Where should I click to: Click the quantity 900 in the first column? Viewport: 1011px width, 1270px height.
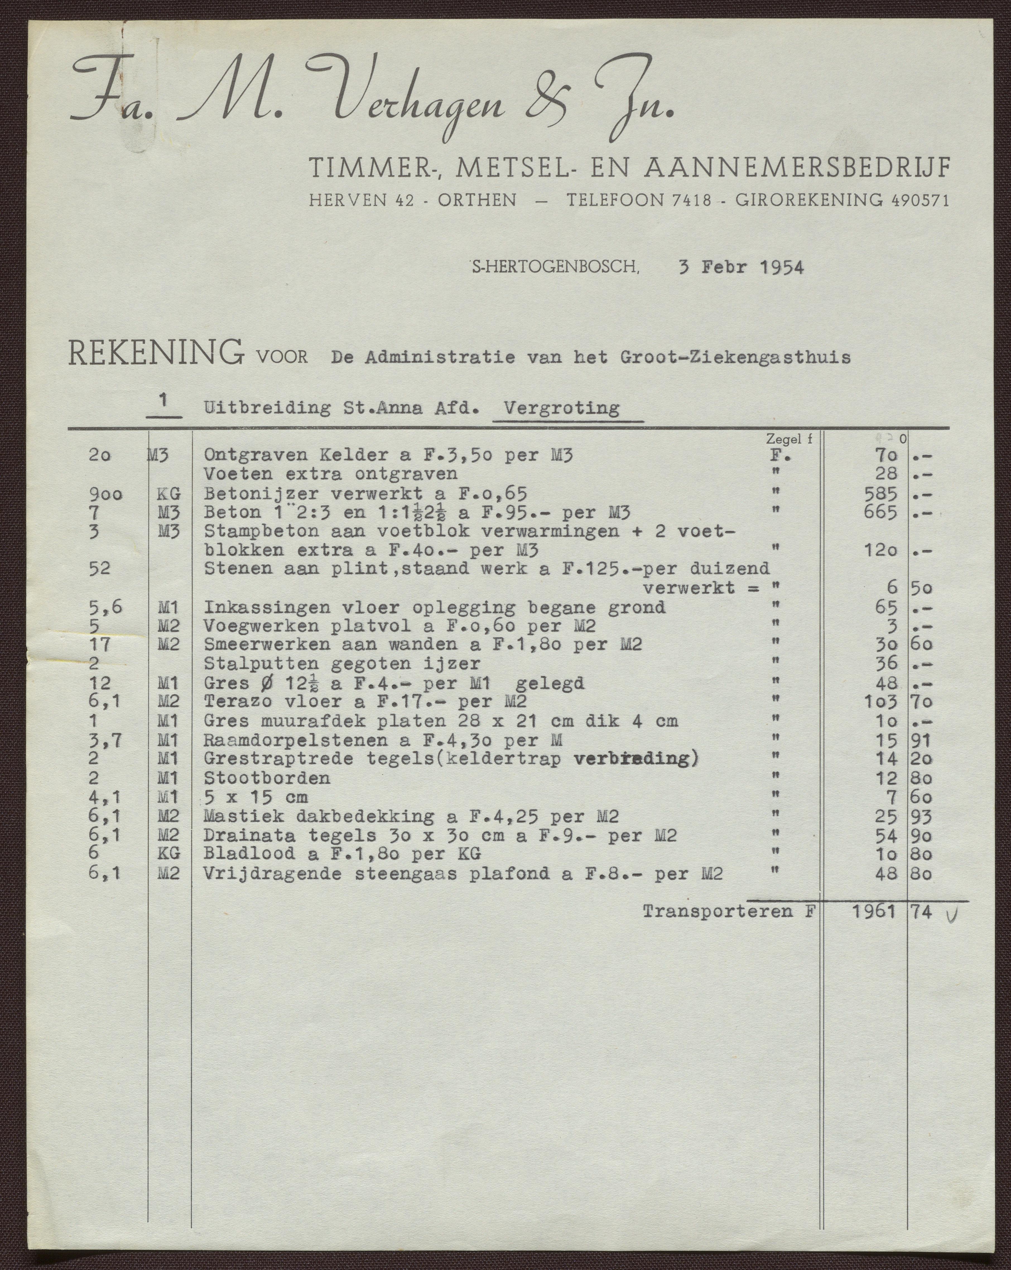(x=106, y=494)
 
